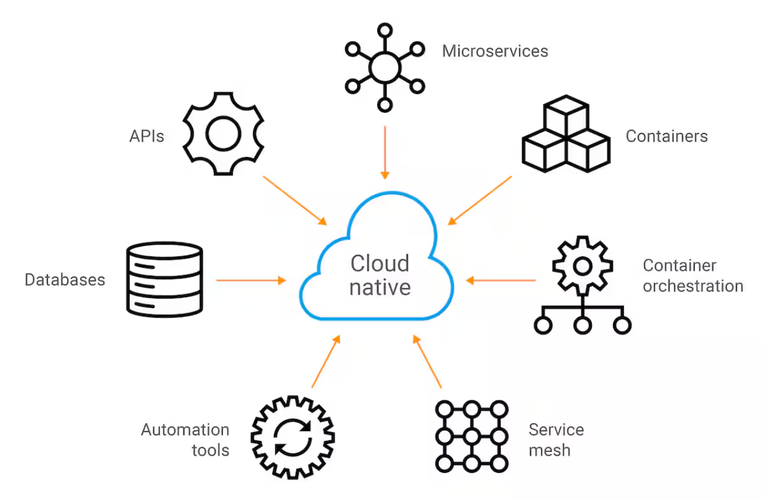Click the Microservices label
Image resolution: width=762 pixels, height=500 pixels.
tap(495, 51)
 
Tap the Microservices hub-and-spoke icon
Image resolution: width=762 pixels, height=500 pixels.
tap(384, 66)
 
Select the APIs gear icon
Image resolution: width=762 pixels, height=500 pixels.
tap(223, 134)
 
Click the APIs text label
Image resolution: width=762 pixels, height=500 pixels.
tap(147, 136)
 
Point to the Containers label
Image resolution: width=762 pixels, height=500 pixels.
tap(666, 136)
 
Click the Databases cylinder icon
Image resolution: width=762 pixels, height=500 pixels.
tap(164, 279)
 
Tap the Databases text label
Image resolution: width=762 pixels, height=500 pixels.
tap(65, 280)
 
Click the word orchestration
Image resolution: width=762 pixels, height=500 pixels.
tap(693, 286)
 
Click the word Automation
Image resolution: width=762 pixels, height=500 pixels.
tap(185, 430)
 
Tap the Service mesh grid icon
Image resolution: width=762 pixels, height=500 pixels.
tap(471, 435)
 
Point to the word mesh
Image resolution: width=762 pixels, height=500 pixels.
tap(549, 451)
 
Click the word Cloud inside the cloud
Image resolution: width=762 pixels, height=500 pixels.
tap(380, 264)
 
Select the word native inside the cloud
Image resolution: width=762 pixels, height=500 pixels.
tap(380, 287)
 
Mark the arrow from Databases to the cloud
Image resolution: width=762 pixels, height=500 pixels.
tap(250, 280)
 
